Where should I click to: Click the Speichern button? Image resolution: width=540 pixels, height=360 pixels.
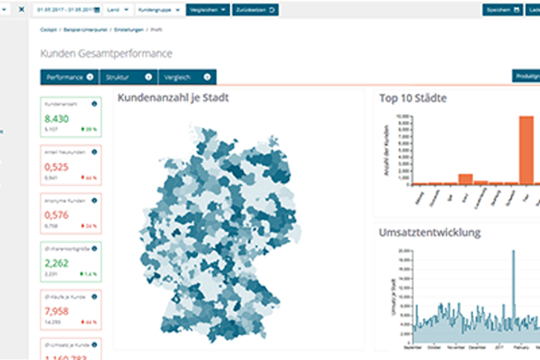502,10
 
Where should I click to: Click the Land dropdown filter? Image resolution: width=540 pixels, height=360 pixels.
118,10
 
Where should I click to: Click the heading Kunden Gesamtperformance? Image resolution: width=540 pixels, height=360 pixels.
106,54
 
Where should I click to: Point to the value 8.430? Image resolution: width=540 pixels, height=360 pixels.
56,118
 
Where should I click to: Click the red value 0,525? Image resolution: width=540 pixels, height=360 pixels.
56,167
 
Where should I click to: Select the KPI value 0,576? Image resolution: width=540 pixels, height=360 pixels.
56,215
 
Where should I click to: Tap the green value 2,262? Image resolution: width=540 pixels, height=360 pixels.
56,263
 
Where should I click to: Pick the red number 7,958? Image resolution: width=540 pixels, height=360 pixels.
56,311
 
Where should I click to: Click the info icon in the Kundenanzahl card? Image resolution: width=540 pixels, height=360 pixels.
94,104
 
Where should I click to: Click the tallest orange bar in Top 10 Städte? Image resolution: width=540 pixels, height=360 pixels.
526,150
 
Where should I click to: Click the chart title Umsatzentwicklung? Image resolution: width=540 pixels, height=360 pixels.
429,232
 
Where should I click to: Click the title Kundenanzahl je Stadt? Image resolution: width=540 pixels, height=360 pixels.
173,97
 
